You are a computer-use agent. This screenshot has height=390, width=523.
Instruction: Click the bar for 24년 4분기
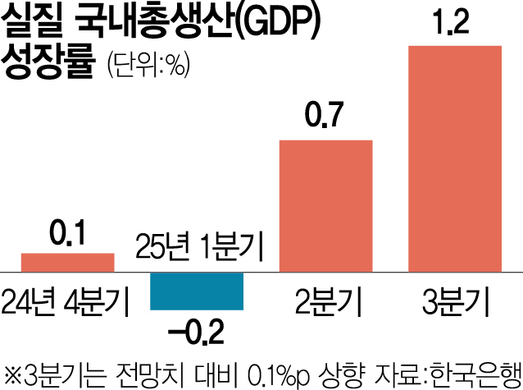[x=67, y=262]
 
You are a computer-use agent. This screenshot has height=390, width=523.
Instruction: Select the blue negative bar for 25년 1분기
[x=197, y=291]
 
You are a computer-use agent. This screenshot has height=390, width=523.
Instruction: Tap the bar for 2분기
[x=326, y=205]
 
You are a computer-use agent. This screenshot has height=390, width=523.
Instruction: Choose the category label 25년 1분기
[x=197, y=245]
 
